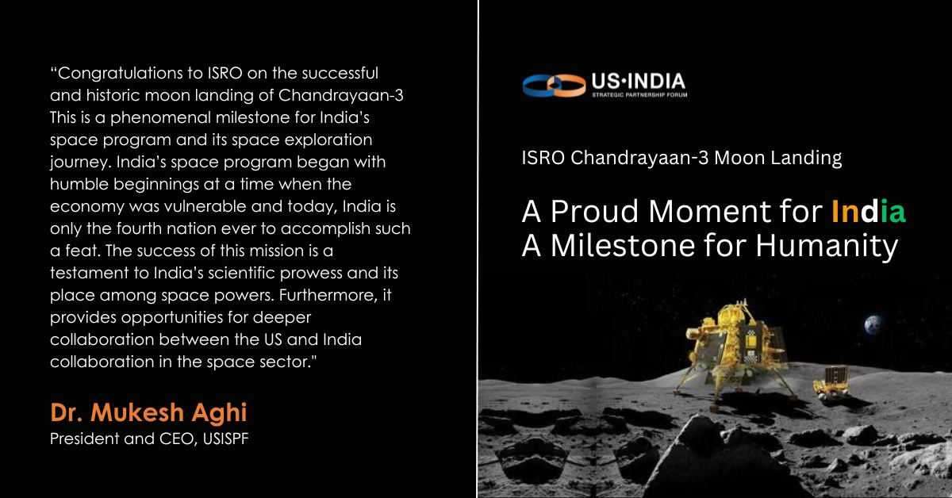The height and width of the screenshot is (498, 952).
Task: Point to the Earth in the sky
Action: [x=873, y=324]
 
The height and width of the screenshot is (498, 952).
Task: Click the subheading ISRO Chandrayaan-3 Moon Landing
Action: [x=681, y=159]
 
